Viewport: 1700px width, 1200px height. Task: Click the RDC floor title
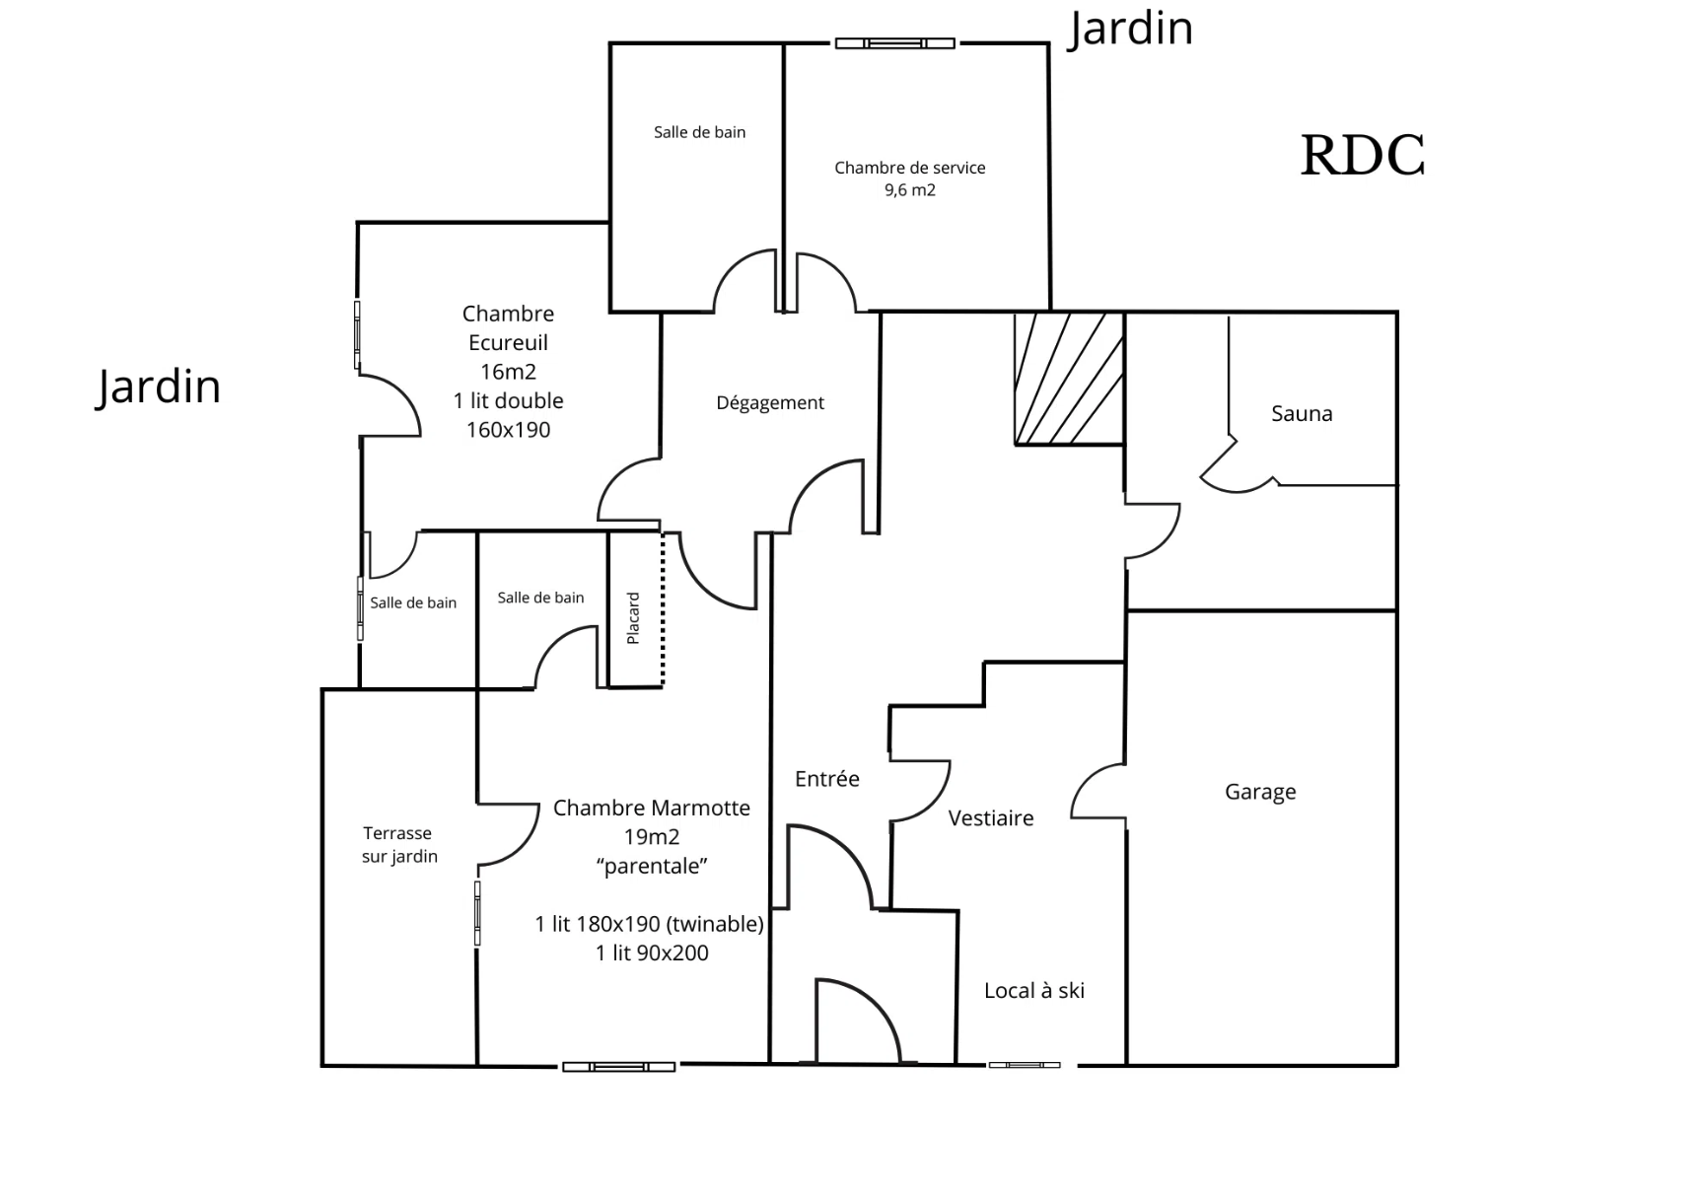(1363, 156)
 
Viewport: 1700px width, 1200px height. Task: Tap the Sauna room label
(1302, 413)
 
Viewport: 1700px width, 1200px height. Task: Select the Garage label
(1260, 792)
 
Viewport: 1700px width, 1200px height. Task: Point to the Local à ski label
(1033, 991)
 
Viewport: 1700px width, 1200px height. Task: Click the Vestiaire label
(991, 817)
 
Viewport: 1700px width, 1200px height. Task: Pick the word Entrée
(826, 779)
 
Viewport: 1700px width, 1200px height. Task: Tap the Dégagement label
(770, 402)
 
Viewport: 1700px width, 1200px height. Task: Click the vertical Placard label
(633, 618)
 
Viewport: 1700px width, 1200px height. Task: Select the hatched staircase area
(1069, 379)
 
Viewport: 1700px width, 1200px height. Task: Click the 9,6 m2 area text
(909, 190)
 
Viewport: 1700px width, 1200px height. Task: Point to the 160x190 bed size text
(508, 430)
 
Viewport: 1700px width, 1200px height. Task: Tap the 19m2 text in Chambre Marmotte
(652, 837)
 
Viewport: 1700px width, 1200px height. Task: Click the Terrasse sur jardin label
(398, 845)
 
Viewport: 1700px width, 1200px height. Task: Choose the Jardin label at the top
(1131, 28)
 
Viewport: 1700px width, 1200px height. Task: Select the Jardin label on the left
(159, 386)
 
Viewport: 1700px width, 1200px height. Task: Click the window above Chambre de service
(894, 43)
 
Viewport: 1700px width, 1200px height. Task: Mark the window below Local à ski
(1025, 1065)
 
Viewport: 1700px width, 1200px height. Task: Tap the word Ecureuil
(508, 343)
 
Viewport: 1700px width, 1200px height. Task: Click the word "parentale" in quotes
(652, 866)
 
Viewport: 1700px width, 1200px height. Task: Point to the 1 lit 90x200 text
(652, 953)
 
